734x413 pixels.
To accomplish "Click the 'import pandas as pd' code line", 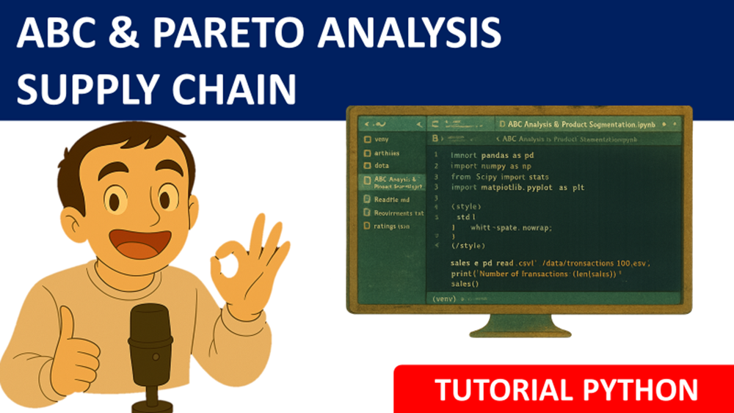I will click(492, 156).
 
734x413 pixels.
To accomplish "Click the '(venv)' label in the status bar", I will click(445, 299).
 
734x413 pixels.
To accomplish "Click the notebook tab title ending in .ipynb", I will click(587, 125).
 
